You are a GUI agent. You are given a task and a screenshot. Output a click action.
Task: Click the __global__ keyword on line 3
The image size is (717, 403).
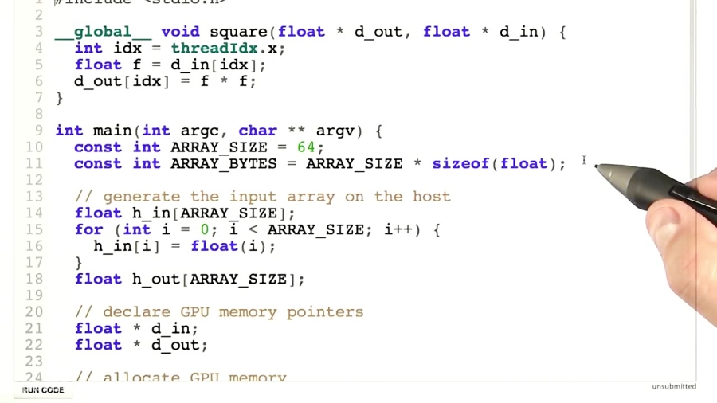pyautogui.click(x=102, y=32)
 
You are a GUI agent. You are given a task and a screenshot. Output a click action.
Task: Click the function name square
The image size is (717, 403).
pyautogui.click(x=238, y=32)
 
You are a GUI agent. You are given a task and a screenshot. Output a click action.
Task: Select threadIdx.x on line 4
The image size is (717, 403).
pyautogui.click(x=227, y=49)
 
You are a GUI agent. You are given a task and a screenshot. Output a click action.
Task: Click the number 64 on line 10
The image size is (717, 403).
pyautogui.click(x=306, y=147)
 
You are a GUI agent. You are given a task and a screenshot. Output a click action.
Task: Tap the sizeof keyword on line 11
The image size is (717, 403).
pyautogui.click(x=460, y=164)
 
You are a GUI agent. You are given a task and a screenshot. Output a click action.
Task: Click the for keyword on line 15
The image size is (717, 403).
pyautogui.click(x=88, y=229)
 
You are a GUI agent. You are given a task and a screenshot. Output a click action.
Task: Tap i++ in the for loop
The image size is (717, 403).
pyautogui.click(x=398, y=229)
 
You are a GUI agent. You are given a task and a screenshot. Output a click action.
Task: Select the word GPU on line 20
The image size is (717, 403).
pyautogui.click(x=194, y=312)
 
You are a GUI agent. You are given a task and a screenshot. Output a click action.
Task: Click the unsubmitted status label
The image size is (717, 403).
pyautogui.click(x=673, y=387)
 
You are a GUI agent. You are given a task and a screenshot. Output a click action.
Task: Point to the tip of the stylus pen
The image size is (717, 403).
pyautogui.click(x=597, y=167)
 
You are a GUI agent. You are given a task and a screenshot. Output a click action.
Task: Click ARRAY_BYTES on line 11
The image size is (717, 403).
pyautogui.click(x=223, y=164)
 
